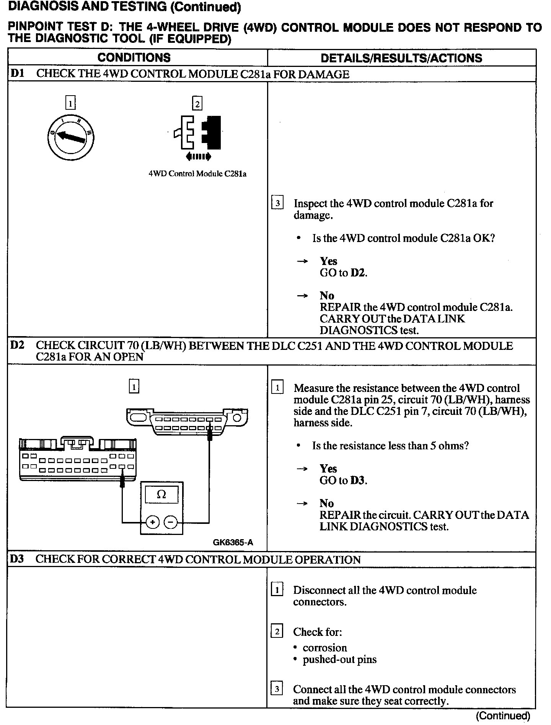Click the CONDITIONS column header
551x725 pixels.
[134, 58]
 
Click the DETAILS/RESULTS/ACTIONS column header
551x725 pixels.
[401, 58]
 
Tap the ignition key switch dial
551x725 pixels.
[71, 137]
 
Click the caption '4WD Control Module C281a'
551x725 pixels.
[197, 174]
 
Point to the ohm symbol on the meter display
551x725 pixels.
[161, 495]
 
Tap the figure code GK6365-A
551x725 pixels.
[233, 543]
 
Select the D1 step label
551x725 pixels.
[18, 74]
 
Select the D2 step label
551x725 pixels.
[18, 345]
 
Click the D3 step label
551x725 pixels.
[17, 559]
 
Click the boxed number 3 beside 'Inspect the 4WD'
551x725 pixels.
[277, 202]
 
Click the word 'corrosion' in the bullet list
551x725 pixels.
[324, 648]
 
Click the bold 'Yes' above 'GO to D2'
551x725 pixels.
[328, 261]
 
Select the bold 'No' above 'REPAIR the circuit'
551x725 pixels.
[327, 503]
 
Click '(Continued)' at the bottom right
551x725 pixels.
[503, 715]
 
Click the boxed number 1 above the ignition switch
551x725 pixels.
[70, 103]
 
